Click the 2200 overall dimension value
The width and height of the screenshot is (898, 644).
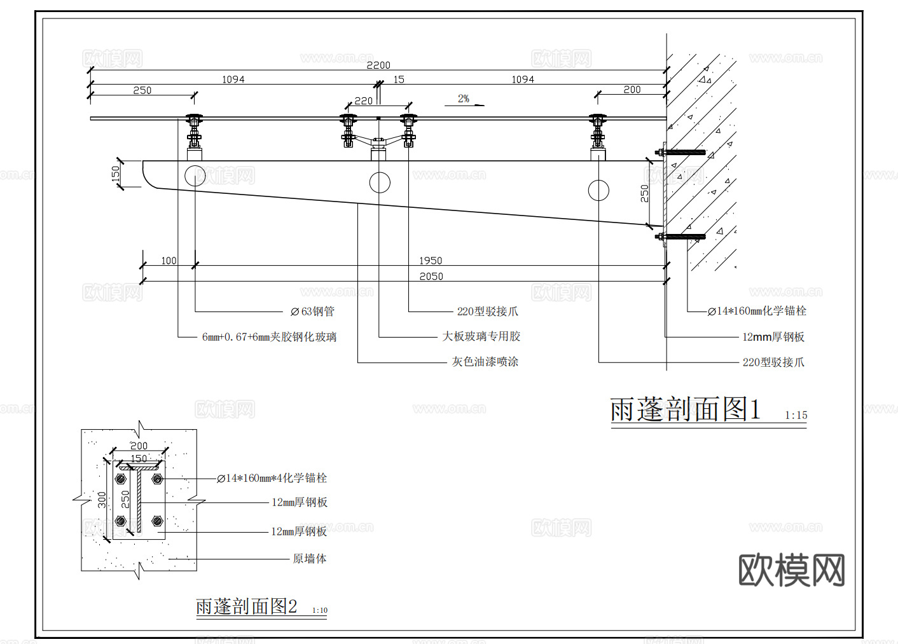[x=378, y=65]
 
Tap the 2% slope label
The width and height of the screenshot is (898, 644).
[x=464, y=99]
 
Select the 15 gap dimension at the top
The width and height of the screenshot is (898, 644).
[x=399, y=79]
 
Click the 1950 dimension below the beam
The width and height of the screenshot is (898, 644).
[x=431, y=261]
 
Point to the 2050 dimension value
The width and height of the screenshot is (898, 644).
[x=431, y=277]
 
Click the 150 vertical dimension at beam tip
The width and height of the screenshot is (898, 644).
[x=116, y=174]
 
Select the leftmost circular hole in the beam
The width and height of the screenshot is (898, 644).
[x=195, y=175]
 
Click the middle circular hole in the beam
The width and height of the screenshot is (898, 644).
[x=380, y=182]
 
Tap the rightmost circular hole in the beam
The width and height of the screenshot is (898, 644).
[x=598, y=190]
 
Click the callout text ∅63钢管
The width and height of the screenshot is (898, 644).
[x=312, y=312]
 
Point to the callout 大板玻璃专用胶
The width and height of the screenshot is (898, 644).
[x=481, y=336]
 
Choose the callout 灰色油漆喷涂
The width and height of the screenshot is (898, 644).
[x=485, y=362]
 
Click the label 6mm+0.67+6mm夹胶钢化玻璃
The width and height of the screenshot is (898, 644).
[x=269, y=337]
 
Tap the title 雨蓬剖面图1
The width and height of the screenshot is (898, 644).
[x=685, y=409]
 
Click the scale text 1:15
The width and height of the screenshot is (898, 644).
[x=796, y=415]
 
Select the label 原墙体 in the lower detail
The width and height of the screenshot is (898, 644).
[x=309, y=559]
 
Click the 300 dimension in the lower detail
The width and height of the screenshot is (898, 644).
[x=102, y=500]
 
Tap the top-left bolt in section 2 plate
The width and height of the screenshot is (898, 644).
[x=121, y=479]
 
